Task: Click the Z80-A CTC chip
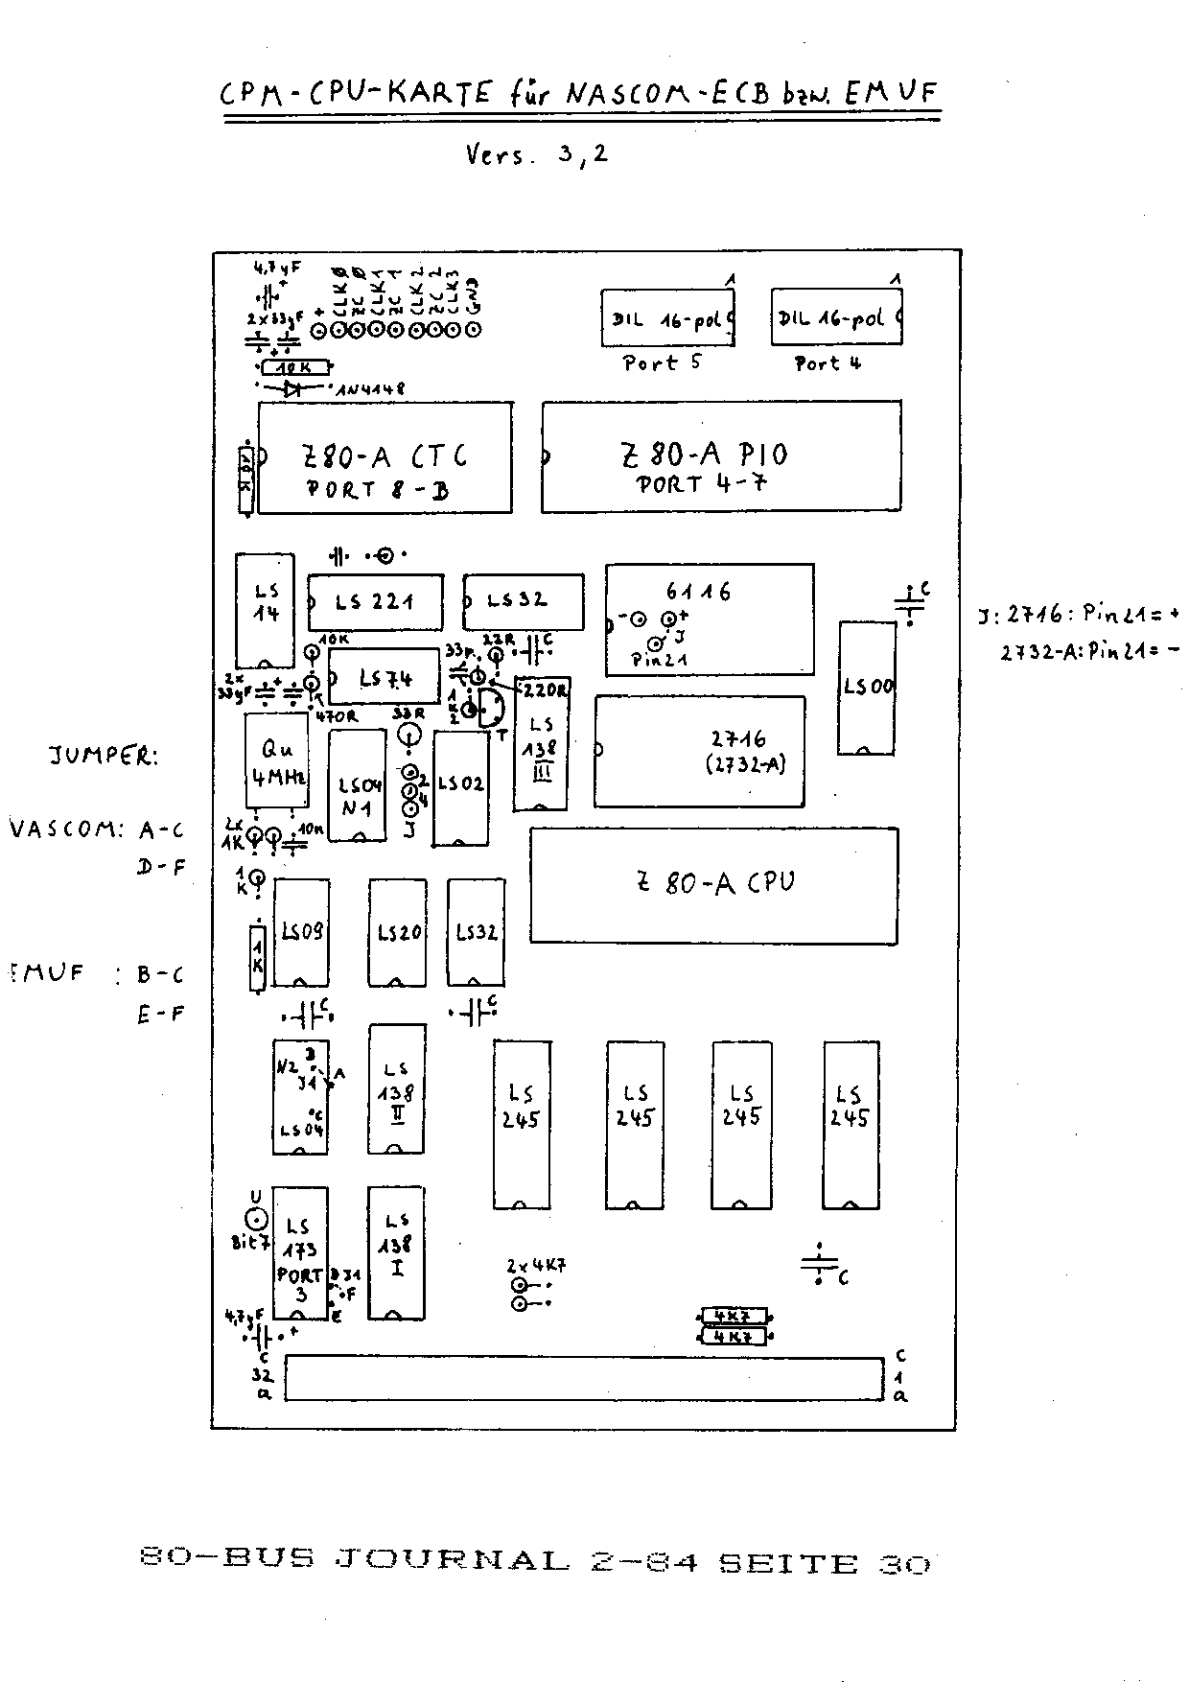click(x=385, y=456)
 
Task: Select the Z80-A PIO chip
click(x=721, y=456)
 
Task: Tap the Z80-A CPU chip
click(x=714, y=884)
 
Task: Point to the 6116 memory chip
click(x=710, y=619)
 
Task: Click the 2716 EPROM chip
click(x=700, y=751)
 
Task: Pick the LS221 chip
click(x=375, y=602)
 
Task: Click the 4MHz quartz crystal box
click(x=277, y=761)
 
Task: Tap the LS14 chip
click(x=266, y=610)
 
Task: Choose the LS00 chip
click(x=868, y=687)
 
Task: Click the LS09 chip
click(x=301, y=932)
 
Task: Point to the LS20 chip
click(x=397, y=932)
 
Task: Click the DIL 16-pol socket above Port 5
click(x=667, y=318)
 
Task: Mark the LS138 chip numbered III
click(x=541, y=743)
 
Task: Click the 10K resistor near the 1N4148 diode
click(x=294, y=366)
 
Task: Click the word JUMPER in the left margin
click(x=103, y=756)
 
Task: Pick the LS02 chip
click(x=460, y=787)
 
